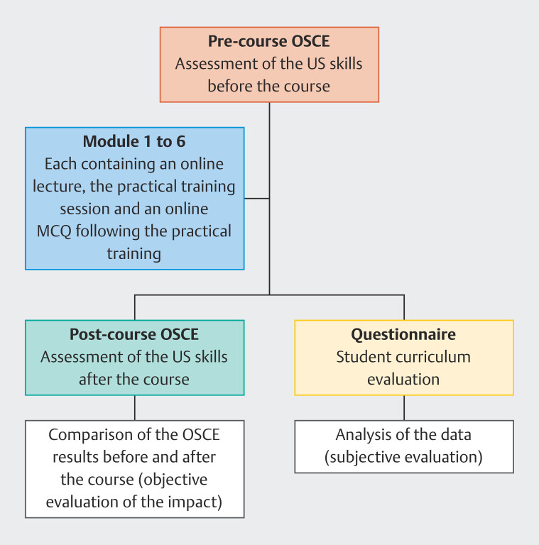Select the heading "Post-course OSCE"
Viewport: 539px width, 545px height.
pyautogui.click(x=134, y=335)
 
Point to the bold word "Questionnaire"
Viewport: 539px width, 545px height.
pyautogui.click(x=403, y=335)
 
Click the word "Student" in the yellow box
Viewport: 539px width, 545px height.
pyautogui.click(x=363, y=357)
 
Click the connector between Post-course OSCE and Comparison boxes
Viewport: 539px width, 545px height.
pyautogui.click(x=134, y=408)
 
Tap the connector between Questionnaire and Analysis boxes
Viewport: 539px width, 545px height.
pyautogui.click(x=404, y=408)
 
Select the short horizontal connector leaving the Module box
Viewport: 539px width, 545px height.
pyautogui.click(x=256, y=198)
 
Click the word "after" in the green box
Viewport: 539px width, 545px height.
pyautogui.click(x=93, y=379)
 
